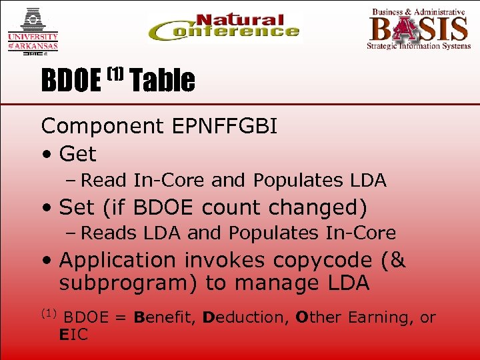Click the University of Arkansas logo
click(33, 31)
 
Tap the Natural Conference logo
click(224, 28)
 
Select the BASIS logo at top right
click(418, 29)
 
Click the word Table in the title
click(163, 81)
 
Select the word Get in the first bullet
click(77, 154)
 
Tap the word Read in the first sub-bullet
click(105, 180)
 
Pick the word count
click(230, 207)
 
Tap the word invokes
click(226, 259)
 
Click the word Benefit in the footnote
click(159, 317)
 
